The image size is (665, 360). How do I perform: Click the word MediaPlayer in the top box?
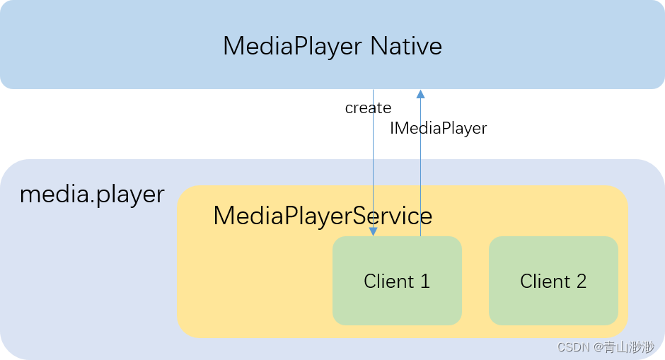coord(293,47)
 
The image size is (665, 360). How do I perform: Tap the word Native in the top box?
coord(406,47)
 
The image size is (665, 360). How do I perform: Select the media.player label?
coord(92,194)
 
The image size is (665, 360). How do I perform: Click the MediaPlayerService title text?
coord(323,216)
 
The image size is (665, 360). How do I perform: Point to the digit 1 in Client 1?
coord(425,281)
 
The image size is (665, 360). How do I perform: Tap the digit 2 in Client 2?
coord(581,281)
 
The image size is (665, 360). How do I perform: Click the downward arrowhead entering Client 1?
coord(374,231)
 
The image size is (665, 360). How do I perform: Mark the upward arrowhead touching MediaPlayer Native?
coord(420,93)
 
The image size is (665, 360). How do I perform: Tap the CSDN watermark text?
coord(574,347)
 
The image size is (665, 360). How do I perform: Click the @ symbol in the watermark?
coord(598,347)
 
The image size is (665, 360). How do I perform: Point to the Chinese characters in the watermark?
coord(629,347)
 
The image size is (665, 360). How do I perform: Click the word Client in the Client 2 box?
coord(545,281)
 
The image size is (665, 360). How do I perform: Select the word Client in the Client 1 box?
coord(388,281)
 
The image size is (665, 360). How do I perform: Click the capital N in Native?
coord(379,47)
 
